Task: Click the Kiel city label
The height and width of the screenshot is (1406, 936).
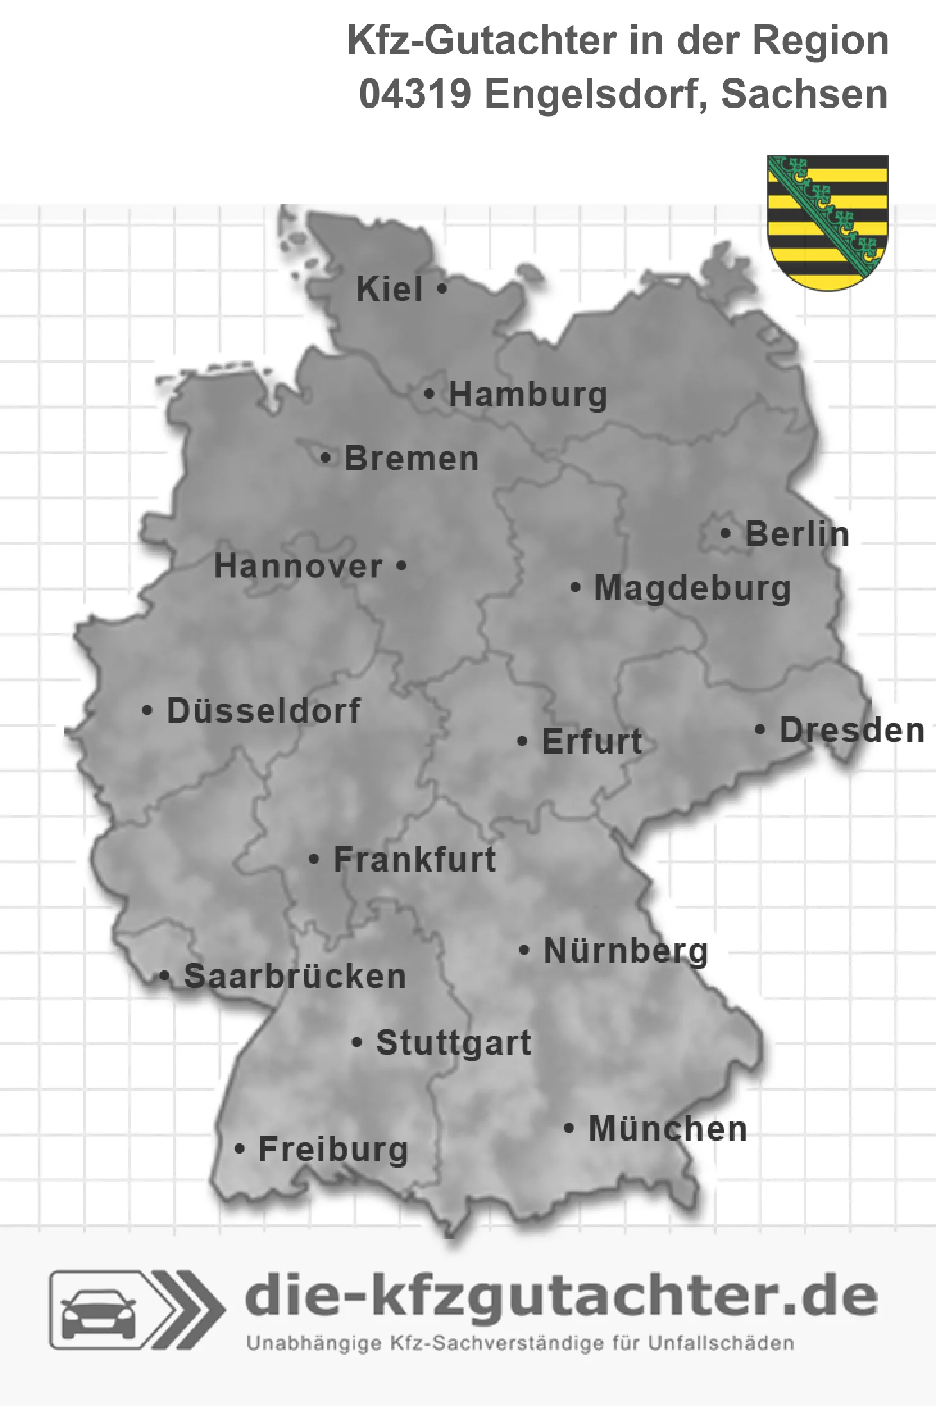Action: coord(389,289)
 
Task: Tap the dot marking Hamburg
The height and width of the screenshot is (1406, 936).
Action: coord(430,394)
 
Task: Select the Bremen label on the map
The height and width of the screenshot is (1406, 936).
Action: coord(412,459)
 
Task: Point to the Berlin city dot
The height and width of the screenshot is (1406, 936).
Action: coord(725,533)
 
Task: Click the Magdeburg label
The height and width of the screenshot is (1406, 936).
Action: coord(692,588)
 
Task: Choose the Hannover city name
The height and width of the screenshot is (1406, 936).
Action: coord(298,567)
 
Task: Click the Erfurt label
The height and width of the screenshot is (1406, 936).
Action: coord(592,742)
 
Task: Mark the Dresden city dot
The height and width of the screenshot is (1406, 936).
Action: coord(760,729)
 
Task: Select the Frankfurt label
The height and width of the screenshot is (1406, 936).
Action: coord(415,859)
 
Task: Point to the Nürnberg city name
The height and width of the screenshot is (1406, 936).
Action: coord(626,951)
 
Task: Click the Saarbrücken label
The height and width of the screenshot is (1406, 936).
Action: coord(295,977)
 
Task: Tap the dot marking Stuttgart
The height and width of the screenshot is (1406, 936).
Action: coord(357,1043)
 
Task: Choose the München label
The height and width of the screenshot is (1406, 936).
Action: coord(668,1129)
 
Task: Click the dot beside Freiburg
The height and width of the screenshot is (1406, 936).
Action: coord(239,1149)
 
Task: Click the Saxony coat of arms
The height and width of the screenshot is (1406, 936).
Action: coord(828,222)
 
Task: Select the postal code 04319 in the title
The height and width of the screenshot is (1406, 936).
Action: coord(415,94)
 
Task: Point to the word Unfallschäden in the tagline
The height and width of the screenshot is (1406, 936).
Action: coord(721,1343)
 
